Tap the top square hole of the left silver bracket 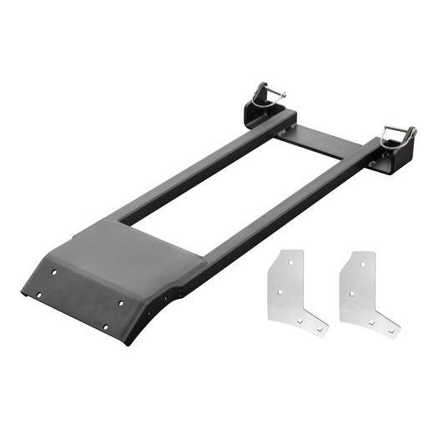pos(289,261)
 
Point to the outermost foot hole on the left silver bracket pos(317,329)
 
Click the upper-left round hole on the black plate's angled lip pos(55,272)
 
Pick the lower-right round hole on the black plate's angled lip pos(104,326)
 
